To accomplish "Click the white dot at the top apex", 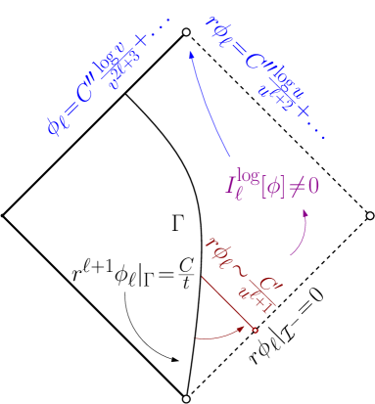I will coord(186,32).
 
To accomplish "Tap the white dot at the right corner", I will coord(370,215).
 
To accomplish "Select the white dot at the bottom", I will coord(186,399).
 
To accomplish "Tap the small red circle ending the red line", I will coord(256,331).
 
